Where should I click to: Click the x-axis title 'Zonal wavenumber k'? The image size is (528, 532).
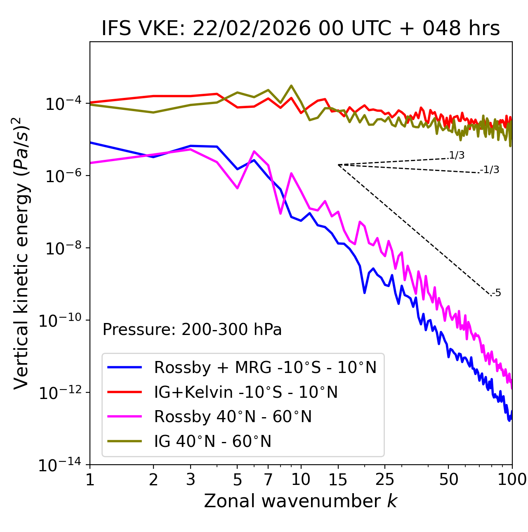click(x=300, y=501)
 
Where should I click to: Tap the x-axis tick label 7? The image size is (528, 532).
click(x=268, y=480)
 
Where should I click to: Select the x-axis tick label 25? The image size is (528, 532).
click(x=384, y=480)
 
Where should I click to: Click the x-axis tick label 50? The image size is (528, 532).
click(x=448, y=480)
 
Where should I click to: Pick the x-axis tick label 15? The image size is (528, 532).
click(x=338, y=480)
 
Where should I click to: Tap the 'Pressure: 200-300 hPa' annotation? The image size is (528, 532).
click(x=192, y=330)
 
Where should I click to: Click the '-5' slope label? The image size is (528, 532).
click(x=497, y=293)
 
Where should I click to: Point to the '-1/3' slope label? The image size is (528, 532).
click(x=490, y=170)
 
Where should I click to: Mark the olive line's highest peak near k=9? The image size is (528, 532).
click(x=291, y=86)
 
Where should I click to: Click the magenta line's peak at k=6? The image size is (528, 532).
click(x=254, y=151)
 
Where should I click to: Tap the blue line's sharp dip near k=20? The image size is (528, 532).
click(x=365, y=292)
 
